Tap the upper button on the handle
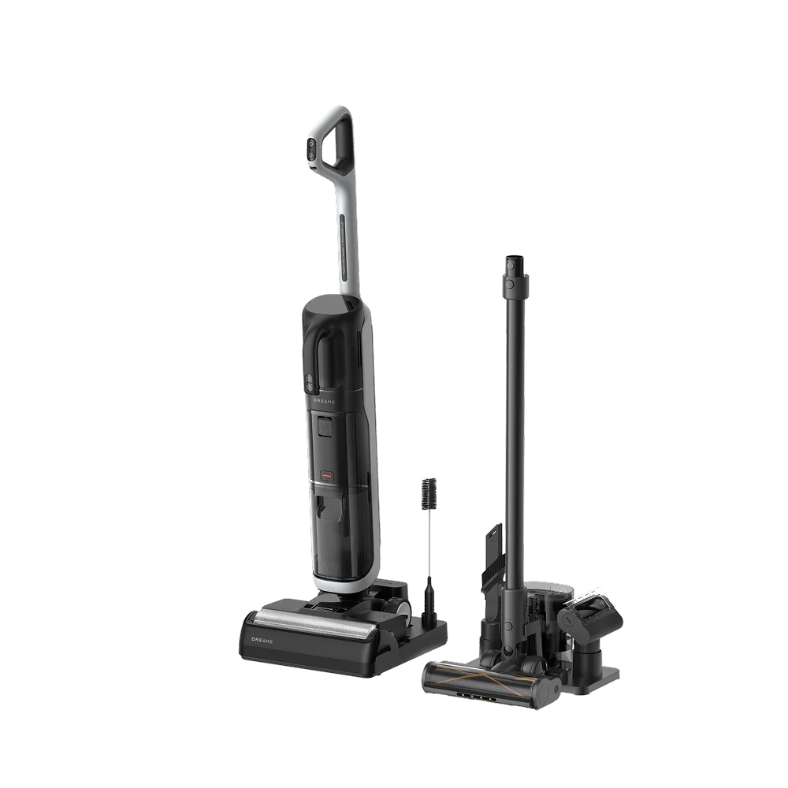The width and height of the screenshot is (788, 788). pyautogui.click(x=311, y=144)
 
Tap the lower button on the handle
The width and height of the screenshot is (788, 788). pyautogui.click(x=313, y=158)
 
